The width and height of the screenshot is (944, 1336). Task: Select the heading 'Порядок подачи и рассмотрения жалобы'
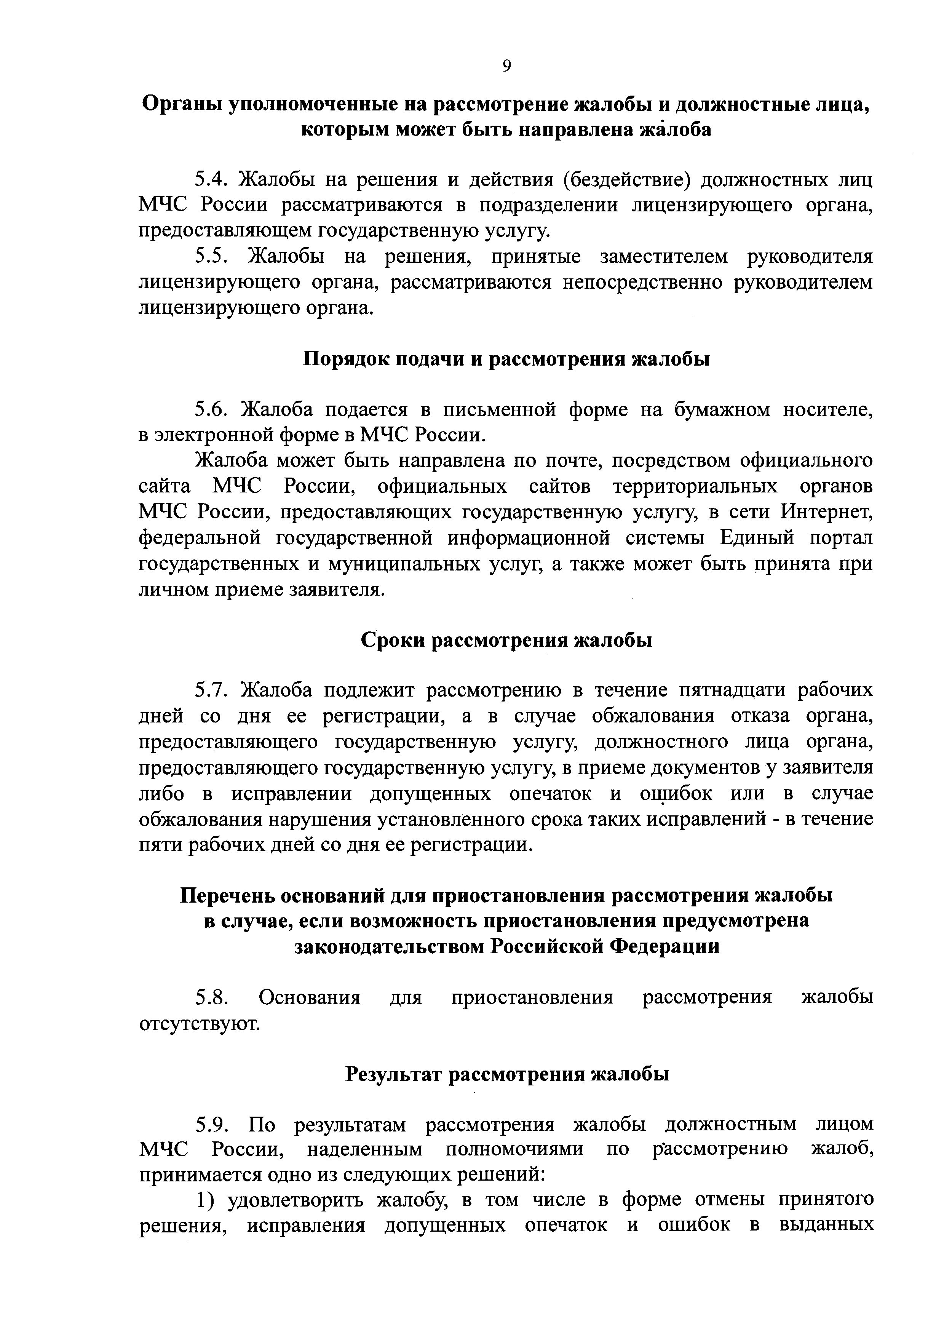pyautogui.click(x=506, y=359)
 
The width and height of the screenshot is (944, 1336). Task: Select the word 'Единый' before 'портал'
pyautogui.click(x=757, y=538)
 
